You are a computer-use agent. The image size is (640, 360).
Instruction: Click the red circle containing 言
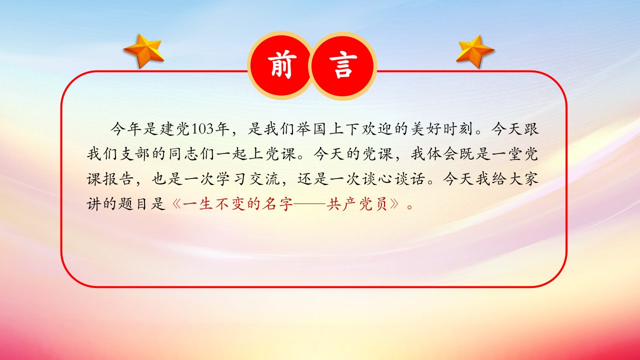tap(343, 65)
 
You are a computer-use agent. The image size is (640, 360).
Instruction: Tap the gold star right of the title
tap(475, 51)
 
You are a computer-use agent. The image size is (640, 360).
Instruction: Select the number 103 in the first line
tap(202, 129)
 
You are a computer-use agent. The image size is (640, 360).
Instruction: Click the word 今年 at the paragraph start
tap(126, 129)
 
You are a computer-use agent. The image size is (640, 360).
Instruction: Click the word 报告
tap(118, 179)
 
